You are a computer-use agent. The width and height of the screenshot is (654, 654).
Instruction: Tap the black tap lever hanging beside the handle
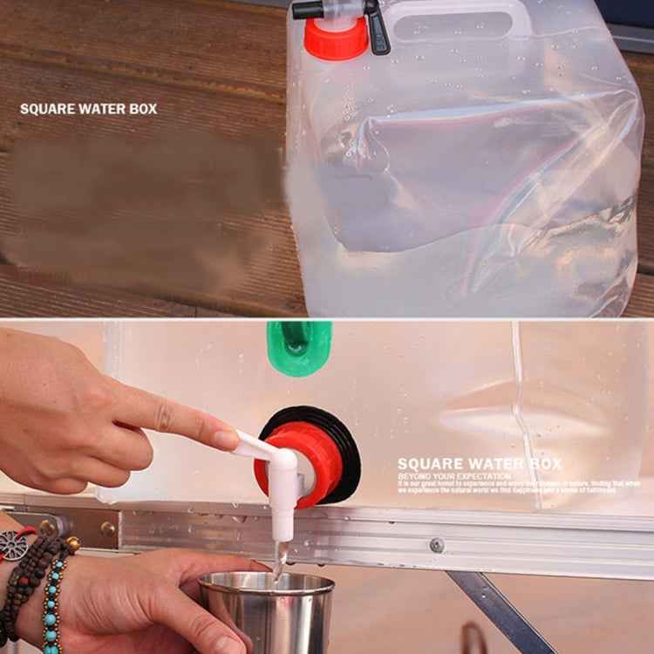(x=377, y=29)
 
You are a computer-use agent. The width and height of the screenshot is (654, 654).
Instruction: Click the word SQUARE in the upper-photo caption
(x=48, y=110)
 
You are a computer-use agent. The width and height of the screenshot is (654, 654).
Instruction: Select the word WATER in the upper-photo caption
(x=106, y=110)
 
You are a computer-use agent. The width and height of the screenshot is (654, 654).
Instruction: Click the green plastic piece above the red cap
(x=298, y=346)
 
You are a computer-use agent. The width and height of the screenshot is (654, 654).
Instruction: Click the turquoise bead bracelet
(x=52, y=602)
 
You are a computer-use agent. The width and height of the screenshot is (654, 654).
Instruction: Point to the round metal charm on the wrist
(x=13, y=545)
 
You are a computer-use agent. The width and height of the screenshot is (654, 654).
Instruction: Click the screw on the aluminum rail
(x=436, y=546)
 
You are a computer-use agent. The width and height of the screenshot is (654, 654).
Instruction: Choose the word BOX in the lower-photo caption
(x=544, y=464)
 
